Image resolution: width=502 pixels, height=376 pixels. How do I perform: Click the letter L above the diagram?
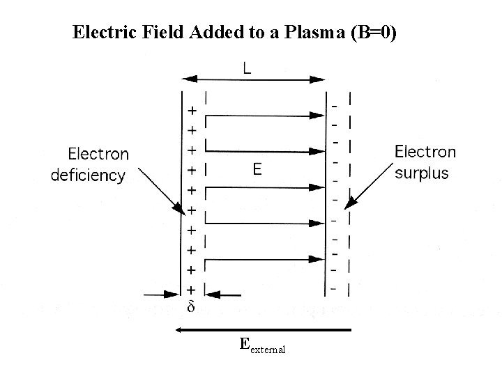(x=248, y=68)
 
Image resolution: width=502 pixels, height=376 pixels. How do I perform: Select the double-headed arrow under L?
(x=254, y=79)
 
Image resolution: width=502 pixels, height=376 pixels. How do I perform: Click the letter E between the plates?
(x=257, y=169)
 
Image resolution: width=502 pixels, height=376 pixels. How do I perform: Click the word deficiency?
(x=88, y=175)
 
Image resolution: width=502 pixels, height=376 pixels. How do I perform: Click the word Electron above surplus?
(x=425, y=152)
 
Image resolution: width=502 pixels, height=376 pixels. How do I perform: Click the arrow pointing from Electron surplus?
(x=370, y=185)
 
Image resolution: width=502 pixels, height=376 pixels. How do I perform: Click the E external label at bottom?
(x=261, y=345)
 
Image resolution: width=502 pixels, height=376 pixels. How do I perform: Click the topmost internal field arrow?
(x=265, y=116)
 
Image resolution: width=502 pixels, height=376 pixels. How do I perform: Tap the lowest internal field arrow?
(x=265, y=259)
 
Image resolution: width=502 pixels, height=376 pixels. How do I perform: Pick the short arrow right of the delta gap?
(x=226, y=295)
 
